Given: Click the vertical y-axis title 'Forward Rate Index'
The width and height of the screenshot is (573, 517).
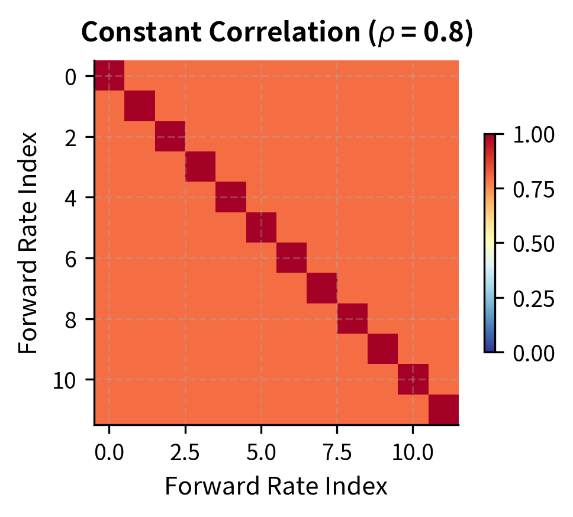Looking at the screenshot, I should coord(28,242).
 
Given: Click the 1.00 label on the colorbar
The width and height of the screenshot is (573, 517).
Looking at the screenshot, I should coord(534,135).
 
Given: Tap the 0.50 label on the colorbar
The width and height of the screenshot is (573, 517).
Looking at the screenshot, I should coord(534,244).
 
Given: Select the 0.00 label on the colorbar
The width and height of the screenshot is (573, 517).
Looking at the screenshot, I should coord(534,353).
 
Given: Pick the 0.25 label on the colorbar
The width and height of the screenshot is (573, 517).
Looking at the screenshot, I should coord(534,298).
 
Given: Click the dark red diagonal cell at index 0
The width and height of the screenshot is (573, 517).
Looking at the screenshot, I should coord(110,76).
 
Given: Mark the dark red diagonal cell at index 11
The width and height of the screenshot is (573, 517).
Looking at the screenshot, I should coord(443,409).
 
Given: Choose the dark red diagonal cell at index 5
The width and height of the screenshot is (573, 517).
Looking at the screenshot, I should coord(261,228).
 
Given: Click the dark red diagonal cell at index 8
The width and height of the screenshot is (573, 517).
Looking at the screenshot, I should coord(352,319).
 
